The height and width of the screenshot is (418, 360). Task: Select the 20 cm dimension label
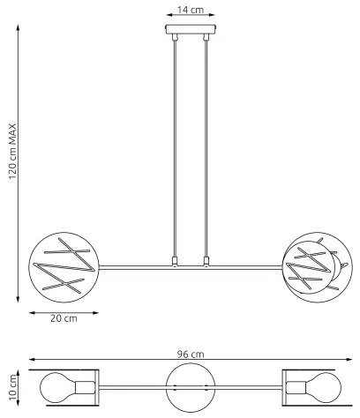coord(59,317)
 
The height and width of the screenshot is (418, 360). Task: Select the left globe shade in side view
coord(60,267)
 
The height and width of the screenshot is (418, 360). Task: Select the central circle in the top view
coord(190,387)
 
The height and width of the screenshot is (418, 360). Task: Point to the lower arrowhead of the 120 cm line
coord(19,301)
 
